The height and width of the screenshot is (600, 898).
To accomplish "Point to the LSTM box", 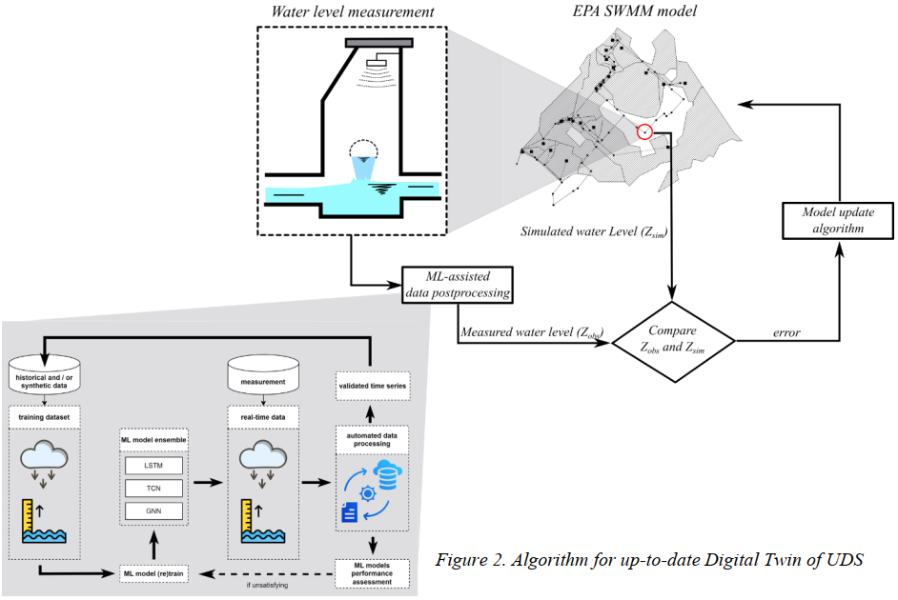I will [152, 465].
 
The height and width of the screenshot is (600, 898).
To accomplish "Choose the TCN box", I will [152, 488].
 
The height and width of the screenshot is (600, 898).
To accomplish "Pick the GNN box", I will [152, 511].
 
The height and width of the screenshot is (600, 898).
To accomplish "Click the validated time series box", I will [371, 386].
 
